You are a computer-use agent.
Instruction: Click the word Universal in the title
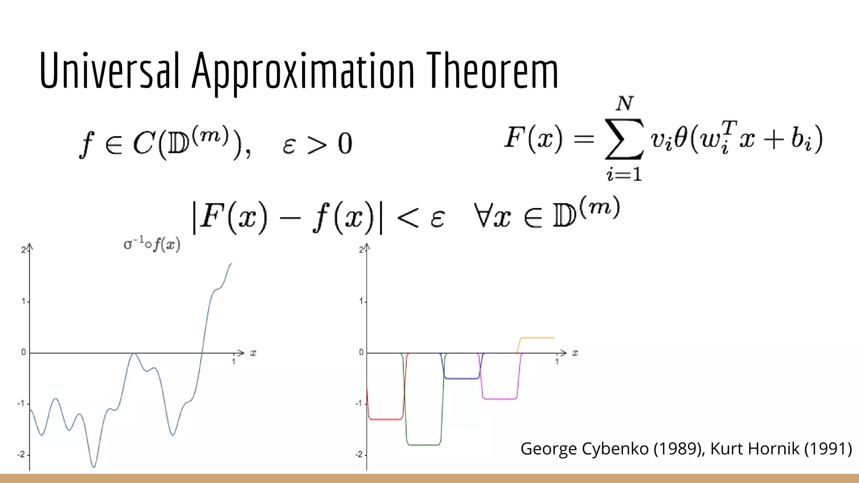[110, 70]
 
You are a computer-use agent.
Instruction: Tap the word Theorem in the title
[492, 70]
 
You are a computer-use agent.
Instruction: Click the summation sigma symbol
[624, 139]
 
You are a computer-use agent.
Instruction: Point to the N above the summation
[625, 103]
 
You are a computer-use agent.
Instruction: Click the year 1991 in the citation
[828, 449]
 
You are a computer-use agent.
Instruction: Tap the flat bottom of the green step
[424, 444]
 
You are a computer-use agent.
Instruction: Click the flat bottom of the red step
[385, 419]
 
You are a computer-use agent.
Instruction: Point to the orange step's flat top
[537, 338]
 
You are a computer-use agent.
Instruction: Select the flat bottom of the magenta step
[500, 399]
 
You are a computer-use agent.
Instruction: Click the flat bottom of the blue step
[461, 379]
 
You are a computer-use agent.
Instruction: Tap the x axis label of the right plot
[575, 353]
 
